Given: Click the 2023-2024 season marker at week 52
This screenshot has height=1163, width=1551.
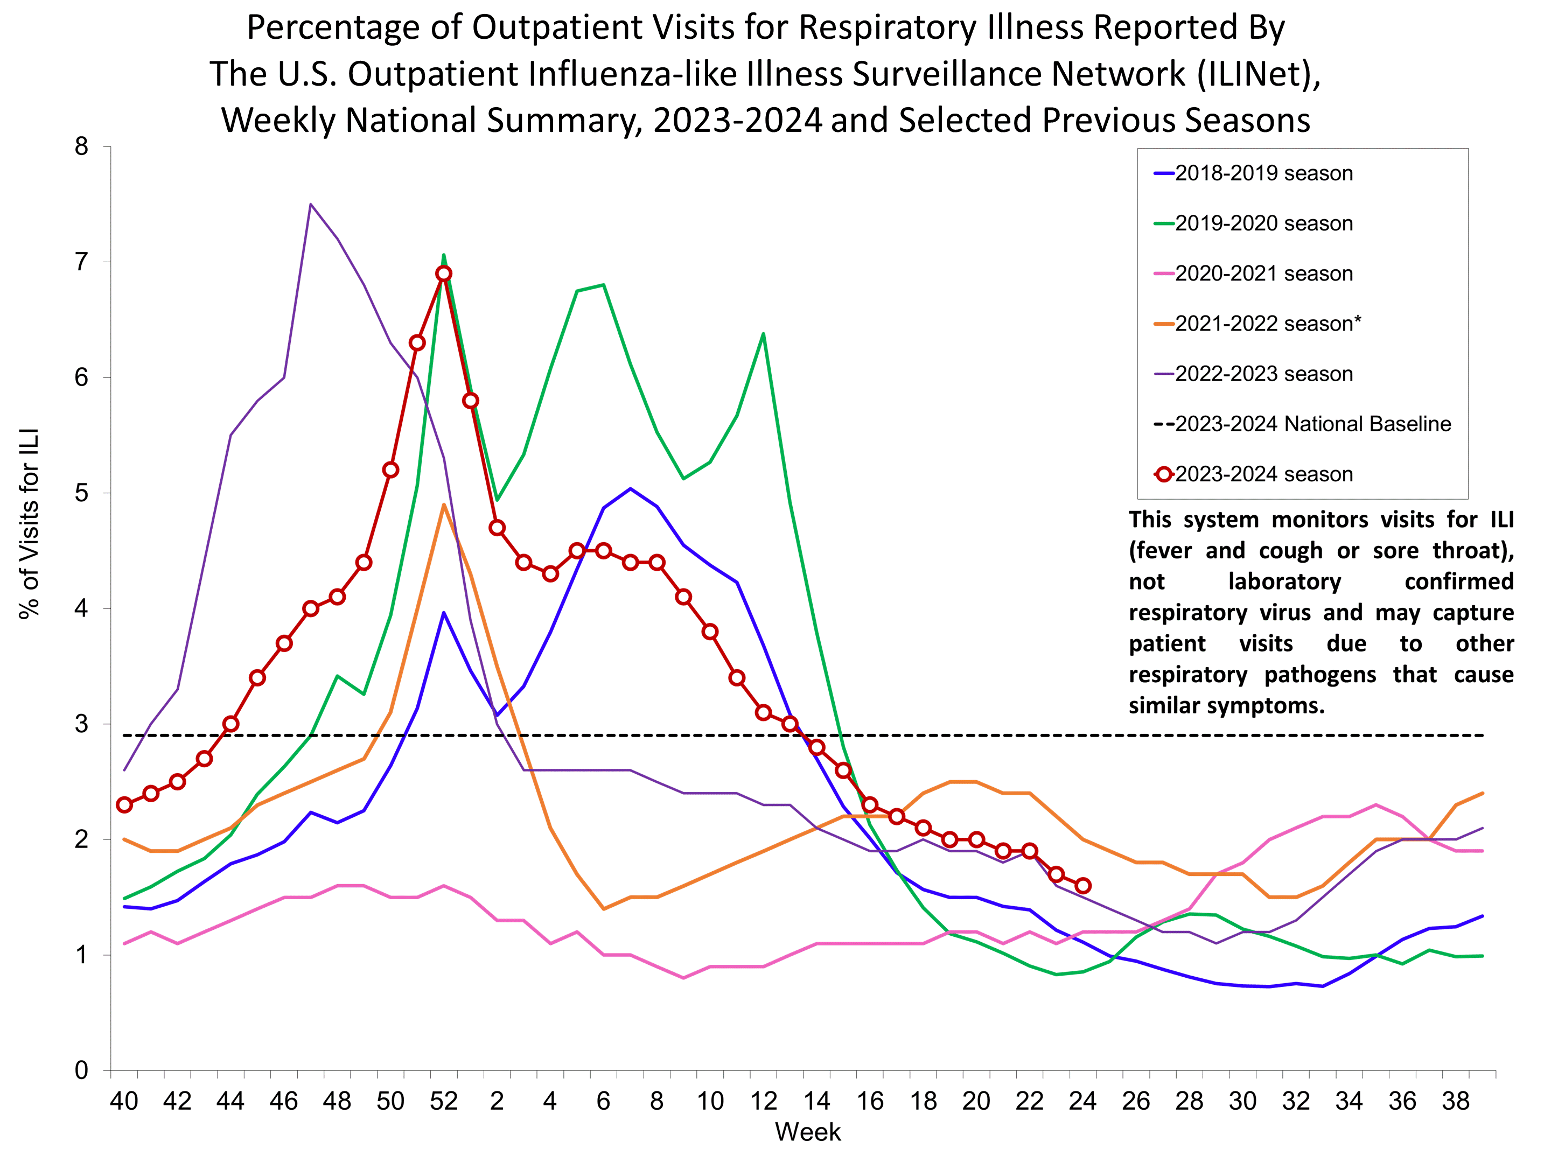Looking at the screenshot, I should click(443, 274).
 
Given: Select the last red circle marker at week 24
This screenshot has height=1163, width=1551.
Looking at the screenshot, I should click(1082, 885).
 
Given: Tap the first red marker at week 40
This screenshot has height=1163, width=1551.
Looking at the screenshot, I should click(124, 805).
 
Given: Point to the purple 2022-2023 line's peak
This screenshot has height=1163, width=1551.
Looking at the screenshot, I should click(311, 204).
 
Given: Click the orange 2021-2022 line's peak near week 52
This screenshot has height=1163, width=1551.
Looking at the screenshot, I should click(443, 504).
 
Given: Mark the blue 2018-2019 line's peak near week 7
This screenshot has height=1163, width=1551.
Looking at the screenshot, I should click(630, 488).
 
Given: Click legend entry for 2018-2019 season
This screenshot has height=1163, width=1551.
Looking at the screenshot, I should click(1263, 173).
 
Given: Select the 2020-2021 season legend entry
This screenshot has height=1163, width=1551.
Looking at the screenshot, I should click(1263, 274).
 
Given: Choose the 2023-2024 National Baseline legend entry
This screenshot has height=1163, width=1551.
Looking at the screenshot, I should click(1312, 424).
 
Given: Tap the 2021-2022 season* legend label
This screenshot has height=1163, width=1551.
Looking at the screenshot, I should click(1267, 324).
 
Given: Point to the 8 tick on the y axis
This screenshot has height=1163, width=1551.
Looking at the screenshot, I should click(81, 146).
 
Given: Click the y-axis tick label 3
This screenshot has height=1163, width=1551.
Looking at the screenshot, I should click(81, 724).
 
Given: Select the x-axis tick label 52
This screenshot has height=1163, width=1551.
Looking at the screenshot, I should click(443, 1101).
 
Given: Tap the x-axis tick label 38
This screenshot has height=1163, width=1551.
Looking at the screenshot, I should click(1456, 1101).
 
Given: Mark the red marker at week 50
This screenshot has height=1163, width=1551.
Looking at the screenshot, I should click(390, 470).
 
